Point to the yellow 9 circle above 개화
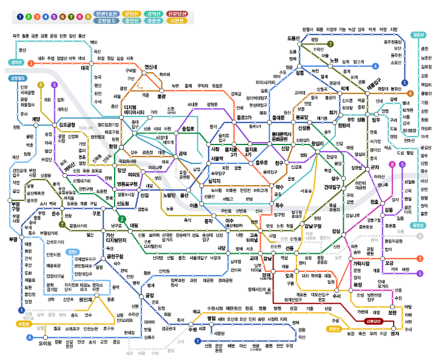click(x=41, y=85)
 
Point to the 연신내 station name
click(x=151, y=67)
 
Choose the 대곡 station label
click(x=85, y=69)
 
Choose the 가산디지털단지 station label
click(x=115, y=238)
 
